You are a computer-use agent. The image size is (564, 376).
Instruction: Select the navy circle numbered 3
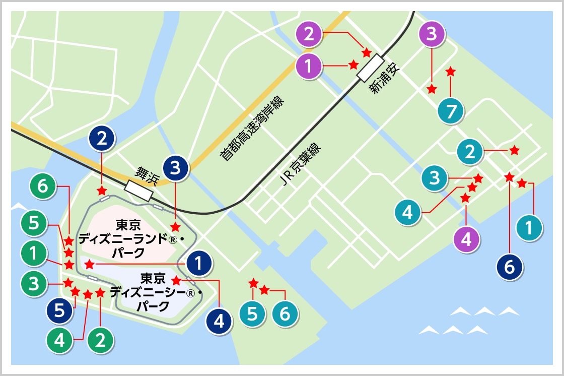[175, 168]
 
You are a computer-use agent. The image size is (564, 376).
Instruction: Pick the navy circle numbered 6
[509, 267]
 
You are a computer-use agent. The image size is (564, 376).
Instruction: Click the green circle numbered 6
[43, 186]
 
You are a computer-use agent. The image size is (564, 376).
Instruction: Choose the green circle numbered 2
[100, 340]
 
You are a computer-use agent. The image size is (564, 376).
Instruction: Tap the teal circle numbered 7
[451, 112]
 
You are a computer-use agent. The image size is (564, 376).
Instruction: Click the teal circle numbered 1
[528, 228]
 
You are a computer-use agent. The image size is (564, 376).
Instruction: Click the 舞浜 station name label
[143, 175]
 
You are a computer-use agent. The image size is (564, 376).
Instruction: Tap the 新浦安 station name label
[384, 79]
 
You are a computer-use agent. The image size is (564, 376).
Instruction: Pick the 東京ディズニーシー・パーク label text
[154, 292]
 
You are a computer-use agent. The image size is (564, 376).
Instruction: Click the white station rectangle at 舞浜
[138, 191]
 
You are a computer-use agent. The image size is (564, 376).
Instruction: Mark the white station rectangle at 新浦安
[370, 69]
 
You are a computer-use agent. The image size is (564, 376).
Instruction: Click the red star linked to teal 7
[451, 72]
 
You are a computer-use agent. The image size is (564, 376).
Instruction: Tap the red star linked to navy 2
[102, 191]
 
